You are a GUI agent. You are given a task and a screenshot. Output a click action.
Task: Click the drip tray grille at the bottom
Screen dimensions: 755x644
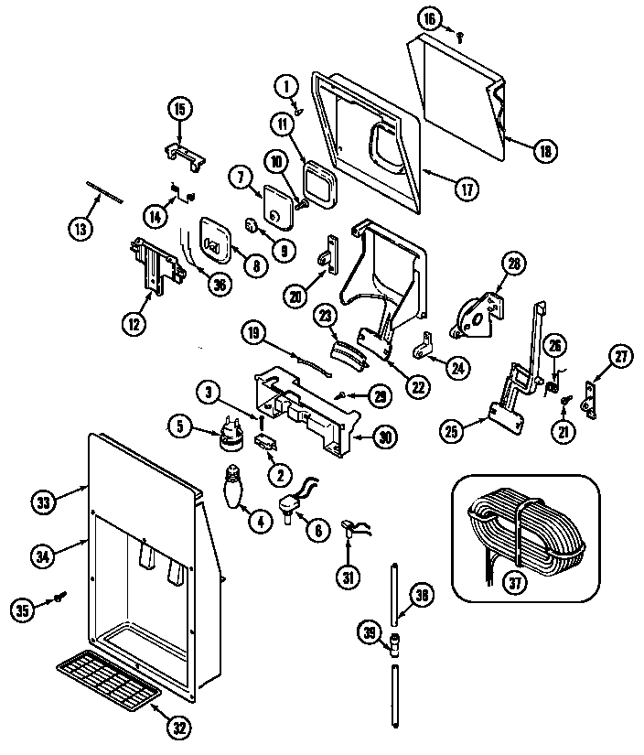coord(108,677)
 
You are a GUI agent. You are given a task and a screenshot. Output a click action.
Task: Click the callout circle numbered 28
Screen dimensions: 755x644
coord(514,264)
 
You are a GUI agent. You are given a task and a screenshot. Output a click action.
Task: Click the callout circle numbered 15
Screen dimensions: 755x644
coord(179,109)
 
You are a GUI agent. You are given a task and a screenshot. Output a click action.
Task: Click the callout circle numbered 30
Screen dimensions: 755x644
coord(386,437)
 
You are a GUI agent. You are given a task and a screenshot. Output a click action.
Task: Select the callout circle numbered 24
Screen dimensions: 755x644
coord(455,367)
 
